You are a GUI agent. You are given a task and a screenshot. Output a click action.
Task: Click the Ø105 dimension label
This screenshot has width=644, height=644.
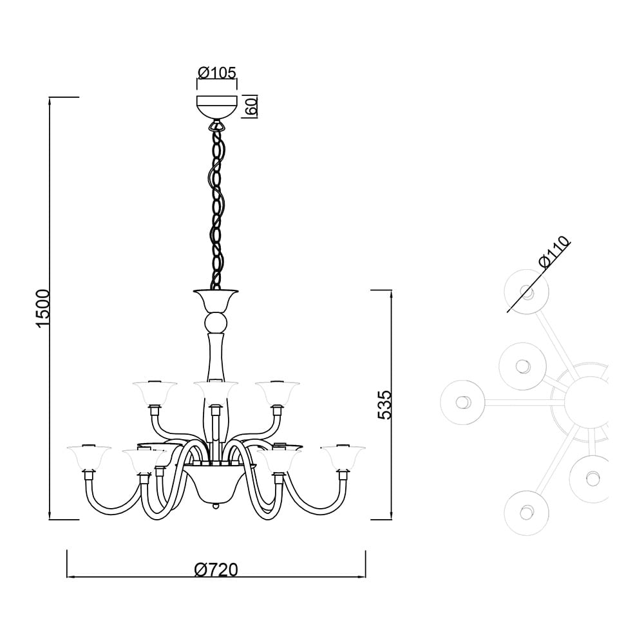(217, 73)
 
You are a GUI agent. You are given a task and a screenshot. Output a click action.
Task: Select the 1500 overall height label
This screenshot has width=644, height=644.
(43, 308)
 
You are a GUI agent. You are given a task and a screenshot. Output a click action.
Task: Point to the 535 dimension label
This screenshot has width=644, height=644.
(385, 404)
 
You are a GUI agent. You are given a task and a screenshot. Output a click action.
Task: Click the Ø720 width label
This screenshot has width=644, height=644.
(216, 570)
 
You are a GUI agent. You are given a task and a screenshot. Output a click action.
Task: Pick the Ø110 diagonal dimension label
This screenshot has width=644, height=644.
(554, 252)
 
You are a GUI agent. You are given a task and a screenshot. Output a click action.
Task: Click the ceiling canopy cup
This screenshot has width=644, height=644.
(217, 106)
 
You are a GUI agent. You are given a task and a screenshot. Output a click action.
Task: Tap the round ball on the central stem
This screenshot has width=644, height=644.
(216, 323)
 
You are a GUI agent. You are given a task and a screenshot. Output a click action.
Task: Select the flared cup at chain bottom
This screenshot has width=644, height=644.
(216, 300)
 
